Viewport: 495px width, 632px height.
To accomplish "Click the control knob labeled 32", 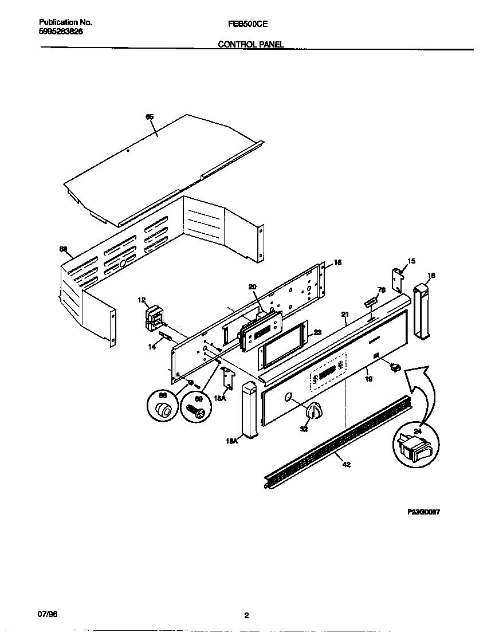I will click(313, 411).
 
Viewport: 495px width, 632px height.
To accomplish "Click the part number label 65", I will click(150, 117).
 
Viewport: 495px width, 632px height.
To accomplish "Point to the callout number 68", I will click(64, 249).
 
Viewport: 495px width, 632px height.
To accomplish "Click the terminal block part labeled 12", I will click(154, 317).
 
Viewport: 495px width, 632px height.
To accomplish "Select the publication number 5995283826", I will click(61, 32).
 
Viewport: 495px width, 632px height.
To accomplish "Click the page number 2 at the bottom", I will click(246, 616).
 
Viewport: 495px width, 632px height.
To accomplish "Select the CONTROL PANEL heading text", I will click(251, 44).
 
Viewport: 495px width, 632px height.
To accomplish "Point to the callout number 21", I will click(345, 315).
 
